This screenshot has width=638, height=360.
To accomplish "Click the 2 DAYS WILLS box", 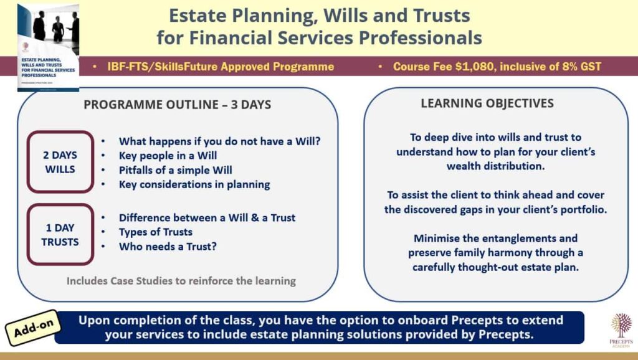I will [x=60, y=162].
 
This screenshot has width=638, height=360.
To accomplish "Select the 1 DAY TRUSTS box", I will [x=60, y=234].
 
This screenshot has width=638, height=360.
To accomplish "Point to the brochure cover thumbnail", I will [x=48, y=47].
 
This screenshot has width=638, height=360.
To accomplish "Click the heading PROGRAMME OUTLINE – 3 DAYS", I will [x=177, y=105].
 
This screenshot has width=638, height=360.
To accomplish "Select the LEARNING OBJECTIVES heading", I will [x=487, y=103].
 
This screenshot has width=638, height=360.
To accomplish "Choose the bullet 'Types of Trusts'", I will [x=155, y=232].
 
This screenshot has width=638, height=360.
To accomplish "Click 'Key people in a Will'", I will [x=168, y=155].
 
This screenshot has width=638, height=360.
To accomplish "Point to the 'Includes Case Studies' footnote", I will [x=181, y=281].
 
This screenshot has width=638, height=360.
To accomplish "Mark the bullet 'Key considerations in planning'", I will [x=194, y=184].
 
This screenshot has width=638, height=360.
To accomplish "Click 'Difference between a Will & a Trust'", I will [x=207, y=218].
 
